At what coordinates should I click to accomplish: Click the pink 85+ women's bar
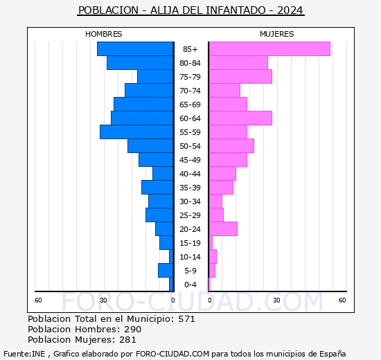pos(269,49)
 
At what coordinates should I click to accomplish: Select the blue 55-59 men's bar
pos(136,132)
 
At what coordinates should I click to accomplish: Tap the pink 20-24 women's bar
pos(223,229)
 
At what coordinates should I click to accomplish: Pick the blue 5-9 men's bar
pos(166,271)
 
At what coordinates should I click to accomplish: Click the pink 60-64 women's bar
pos(240,118)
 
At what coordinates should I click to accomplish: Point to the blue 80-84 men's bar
pos(140,63)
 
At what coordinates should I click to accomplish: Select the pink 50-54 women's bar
pos(231,146)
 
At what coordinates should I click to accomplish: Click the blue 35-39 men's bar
pos(157,188)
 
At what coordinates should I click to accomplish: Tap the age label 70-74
pos(190,91)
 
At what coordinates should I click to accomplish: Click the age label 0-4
pos(190,285)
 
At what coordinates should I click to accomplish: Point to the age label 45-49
pos(190,160)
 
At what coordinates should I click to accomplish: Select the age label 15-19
pos(190,243)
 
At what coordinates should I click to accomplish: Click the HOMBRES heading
pos(104,34)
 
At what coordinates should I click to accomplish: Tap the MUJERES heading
pos(277,34)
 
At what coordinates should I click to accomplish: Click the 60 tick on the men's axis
pos(38,300)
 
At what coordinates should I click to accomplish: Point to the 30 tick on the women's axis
pos(276,300)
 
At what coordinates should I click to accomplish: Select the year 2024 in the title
pos(290,10)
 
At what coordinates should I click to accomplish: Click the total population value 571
pos(186,318)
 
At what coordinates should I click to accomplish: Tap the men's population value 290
pos(133,329)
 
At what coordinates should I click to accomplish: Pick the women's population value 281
pos(127,340)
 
